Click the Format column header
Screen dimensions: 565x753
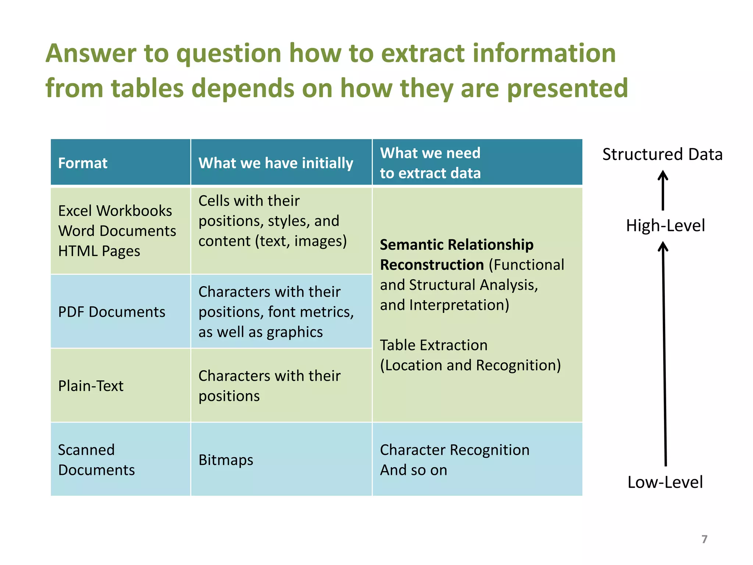tap(83, 163)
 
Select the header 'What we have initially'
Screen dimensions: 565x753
tap(276, 163)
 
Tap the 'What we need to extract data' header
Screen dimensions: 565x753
tap(430, 163)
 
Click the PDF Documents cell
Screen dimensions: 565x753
tap(112, 312)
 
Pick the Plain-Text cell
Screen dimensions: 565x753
tap(91, 386)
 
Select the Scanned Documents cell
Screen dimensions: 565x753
tap(96, 460)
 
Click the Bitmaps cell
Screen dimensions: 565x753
tap(226, 460)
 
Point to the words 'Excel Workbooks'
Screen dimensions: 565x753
tap(115, 211)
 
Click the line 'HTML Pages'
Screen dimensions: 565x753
tap(99, 251)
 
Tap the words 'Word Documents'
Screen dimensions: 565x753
tap(117, 231)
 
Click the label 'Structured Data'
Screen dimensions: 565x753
tap(662, 154)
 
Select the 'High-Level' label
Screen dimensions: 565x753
tap(665, 225)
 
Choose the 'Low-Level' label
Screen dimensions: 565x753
tap(665, 482)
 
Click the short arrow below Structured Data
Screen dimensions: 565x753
tap(663, 191)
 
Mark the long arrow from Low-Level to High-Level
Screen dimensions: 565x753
tap(664, 353)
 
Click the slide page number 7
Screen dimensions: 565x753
tap(704, 539)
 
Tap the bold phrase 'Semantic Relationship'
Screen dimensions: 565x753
tap(457, 245)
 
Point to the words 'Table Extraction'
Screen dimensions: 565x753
tap(434, 345)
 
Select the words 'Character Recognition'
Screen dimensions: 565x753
tap(455, 450)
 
